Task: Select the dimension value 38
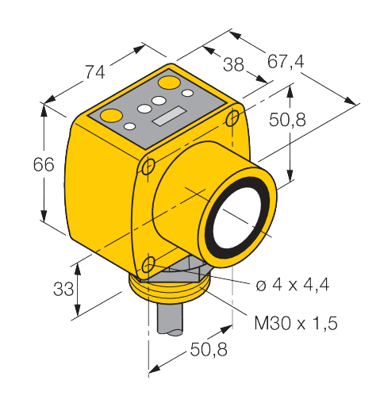coord(232,66)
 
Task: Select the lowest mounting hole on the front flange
coord(148,264)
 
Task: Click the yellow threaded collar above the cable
coord(167,294)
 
